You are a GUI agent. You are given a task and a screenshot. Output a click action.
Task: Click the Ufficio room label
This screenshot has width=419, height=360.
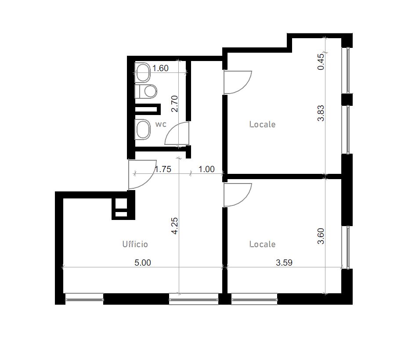point(135,244)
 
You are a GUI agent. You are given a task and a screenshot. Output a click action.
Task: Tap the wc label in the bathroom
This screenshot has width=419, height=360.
point(161,124)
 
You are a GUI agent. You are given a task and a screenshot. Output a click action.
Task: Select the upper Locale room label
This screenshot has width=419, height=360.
point(262,124)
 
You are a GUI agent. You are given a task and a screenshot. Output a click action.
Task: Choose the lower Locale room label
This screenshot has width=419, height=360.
point(262,244)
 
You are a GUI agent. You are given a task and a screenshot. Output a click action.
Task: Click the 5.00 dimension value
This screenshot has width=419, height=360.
point(143,263)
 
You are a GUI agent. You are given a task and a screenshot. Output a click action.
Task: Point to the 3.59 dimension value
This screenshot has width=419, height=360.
point(284,263)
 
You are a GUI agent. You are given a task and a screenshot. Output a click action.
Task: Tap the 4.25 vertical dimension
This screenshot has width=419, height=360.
point(174,226)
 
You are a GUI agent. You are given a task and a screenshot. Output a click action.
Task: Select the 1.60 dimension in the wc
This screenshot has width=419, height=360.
point(160,68)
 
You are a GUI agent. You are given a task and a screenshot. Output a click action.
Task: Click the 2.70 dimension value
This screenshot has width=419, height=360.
point(174,104)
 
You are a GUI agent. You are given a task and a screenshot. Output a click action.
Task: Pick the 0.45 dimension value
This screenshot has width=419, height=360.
point(321,62)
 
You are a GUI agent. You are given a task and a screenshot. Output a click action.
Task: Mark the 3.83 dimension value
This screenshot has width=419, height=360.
point(321,113)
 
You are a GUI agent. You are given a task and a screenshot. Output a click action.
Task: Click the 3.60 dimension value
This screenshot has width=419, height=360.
point(321,236)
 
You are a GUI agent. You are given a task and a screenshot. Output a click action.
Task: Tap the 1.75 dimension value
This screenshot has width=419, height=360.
point(163,169)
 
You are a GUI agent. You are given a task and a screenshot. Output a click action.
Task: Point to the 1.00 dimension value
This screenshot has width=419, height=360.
point(206,169)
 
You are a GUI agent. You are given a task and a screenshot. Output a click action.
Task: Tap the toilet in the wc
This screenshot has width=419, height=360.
point(146,91)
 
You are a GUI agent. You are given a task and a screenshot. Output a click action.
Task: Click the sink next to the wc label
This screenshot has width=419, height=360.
point(143,129)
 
